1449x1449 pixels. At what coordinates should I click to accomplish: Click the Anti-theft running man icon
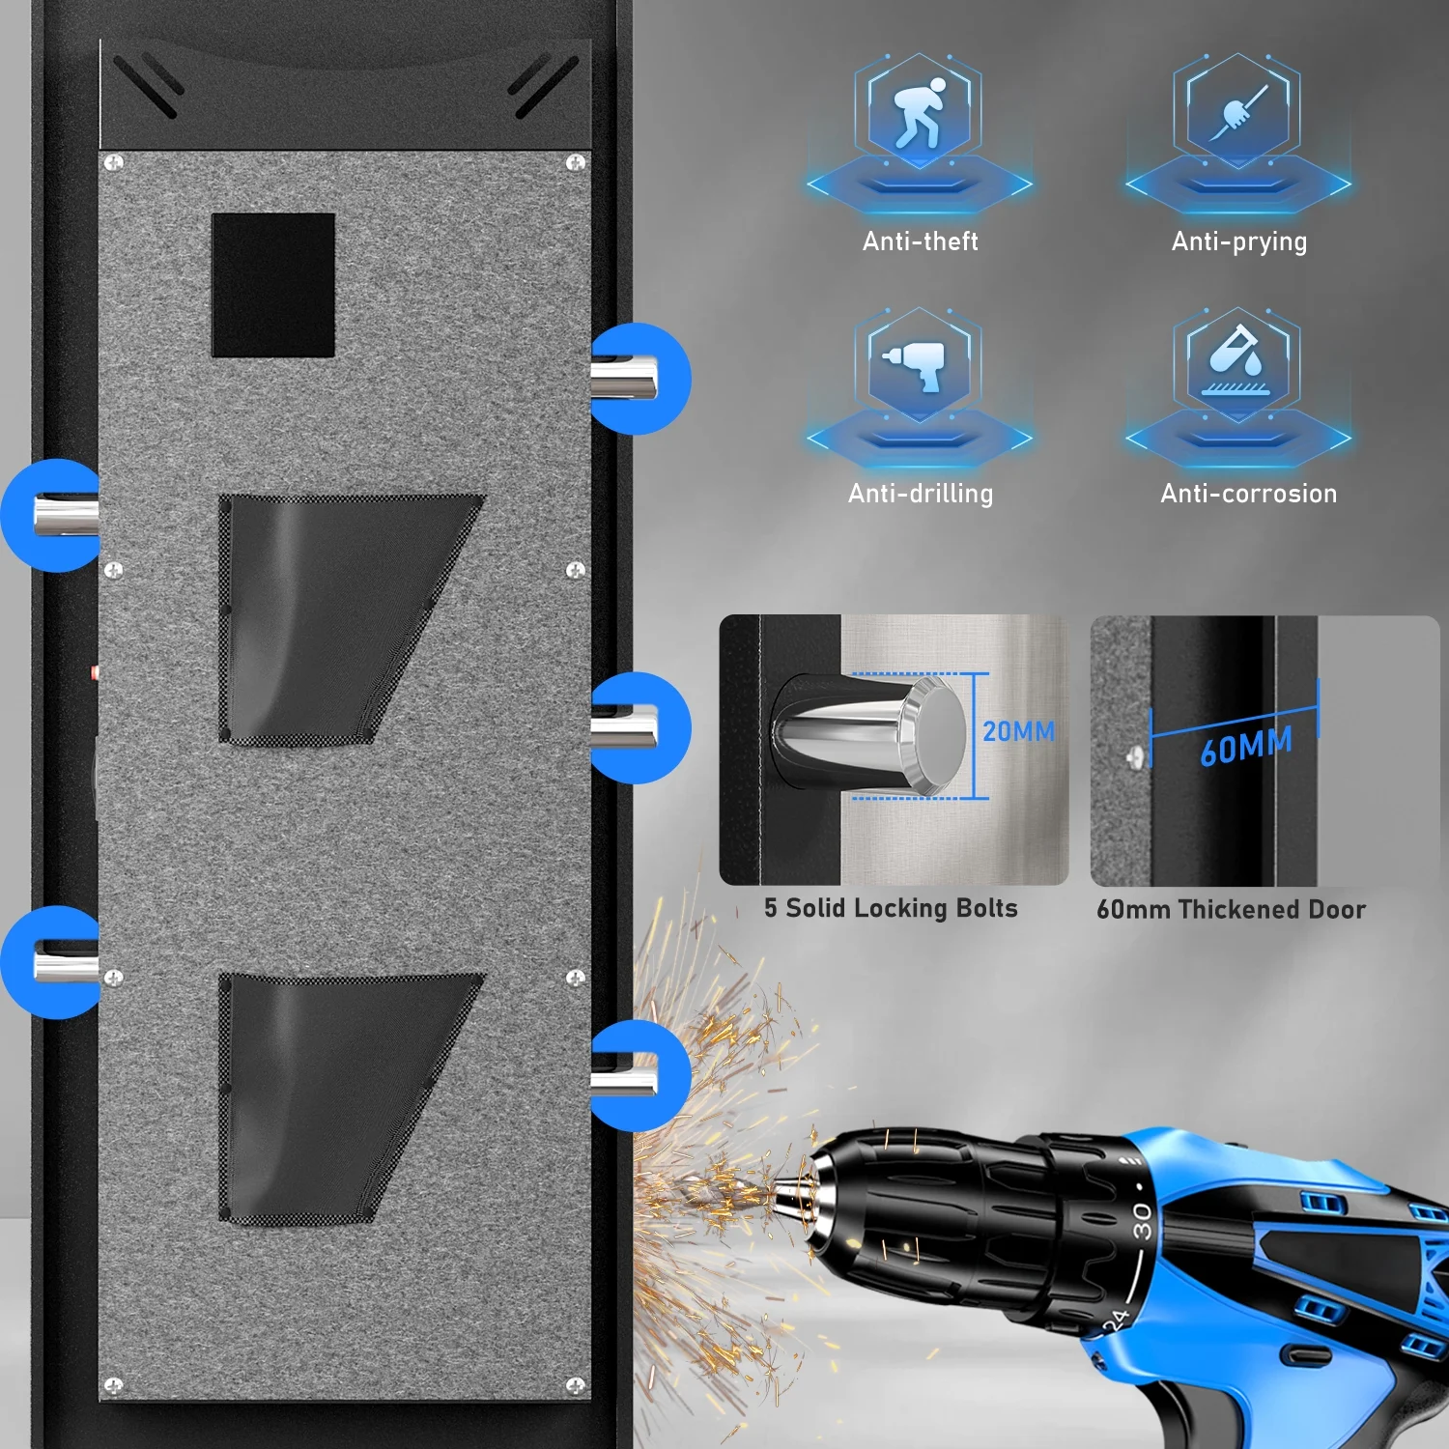tap(919, 112)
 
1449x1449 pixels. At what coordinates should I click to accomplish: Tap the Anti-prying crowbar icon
tap(1238, 112)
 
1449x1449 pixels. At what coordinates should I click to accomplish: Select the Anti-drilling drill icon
tap(915, 364)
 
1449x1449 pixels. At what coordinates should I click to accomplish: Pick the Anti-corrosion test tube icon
tap(1237, 361)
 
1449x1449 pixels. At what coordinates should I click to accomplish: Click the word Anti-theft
tap(920, 241)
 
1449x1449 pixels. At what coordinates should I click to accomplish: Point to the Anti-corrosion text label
tap(1248, 494)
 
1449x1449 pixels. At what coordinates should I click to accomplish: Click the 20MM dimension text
tap(1018, 731)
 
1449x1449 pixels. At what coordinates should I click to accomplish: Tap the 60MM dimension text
tap(1246, 746)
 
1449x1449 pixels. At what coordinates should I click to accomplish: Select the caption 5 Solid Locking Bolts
tap(891, 908)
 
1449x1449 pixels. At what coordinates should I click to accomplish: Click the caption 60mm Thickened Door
tap(1231, 909)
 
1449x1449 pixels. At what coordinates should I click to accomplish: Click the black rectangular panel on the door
tap(273, 285)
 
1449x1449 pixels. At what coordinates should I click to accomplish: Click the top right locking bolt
tap(624, 377)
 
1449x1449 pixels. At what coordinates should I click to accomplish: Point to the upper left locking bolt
tap(66, 515)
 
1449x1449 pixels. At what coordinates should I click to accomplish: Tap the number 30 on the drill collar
tap(1142, 1221)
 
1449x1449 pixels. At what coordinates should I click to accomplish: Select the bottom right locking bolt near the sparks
tap(624, 1074)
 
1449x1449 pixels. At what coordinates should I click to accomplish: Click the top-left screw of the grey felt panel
tap(114, 162)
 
